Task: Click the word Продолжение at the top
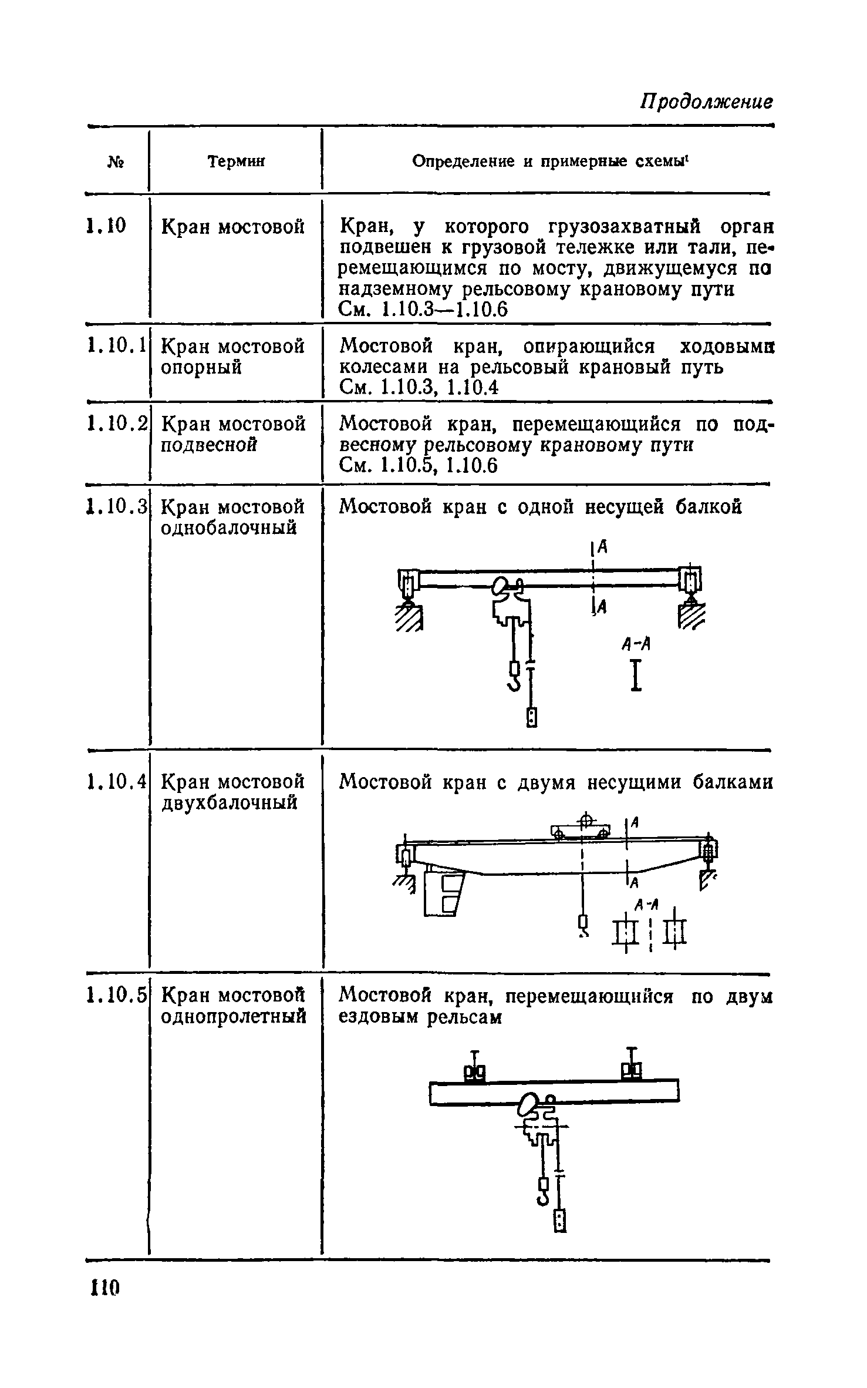coord(706,102)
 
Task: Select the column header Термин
coord(236,161)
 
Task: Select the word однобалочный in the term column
coord(229,528)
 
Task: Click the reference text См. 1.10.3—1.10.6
coord(423,310)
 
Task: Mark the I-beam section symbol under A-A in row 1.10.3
coord(635,675)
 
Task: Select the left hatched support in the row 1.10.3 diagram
coord(410,619)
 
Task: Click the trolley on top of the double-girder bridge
coord(580,831)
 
